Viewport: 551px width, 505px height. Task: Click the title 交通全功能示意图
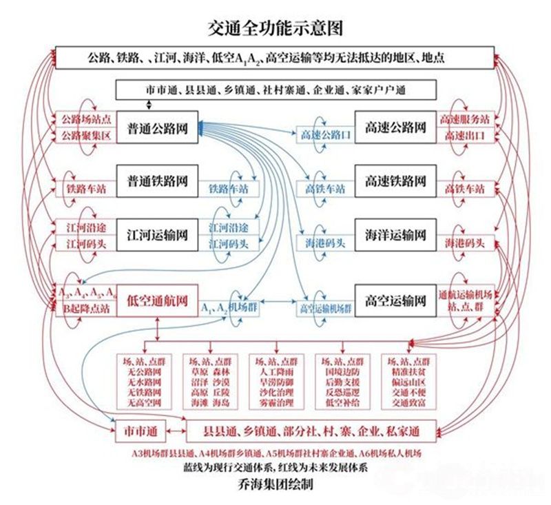point(275,28)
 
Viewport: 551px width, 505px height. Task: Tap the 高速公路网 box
point(395,127)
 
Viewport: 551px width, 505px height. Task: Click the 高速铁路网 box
point(395,181)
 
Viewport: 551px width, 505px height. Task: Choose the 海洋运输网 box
point(395,235)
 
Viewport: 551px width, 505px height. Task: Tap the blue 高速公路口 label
point(325,136)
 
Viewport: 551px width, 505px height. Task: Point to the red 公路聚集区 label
point(85,136)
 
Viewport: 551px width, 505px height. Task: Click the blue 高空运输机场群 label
point(325,309)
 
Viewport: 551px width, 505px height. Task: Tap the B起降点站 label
point(85,309)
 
